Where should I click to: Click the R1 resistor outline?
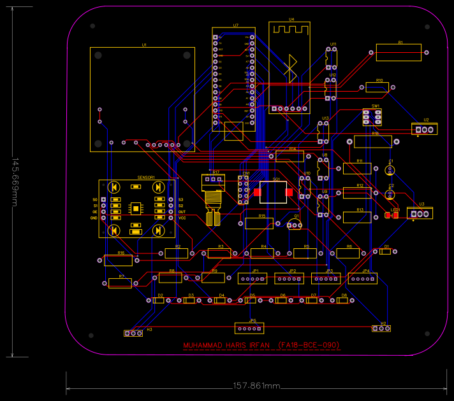[x=399, y=52]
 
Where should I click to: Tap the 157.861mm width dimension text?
[x=256, y=386]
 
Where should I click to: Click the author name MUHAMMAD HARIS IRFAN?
[x=227, y=346]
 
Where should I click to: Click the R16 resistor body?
[x=121, y=260]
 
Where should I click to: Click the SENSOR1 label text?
[x=146, y=178]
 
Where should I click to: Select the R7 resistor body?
[x=121, y=283]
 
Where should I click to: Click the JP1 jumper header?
[x=253, y=278]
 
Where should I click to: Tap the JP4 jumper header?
[x=363, y=278]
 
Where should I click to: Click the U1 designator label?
[x=144, y=45]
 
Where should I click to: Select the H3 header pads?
[x=133, y=333]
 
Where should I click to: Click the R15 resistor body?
[x=259, y=223]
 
